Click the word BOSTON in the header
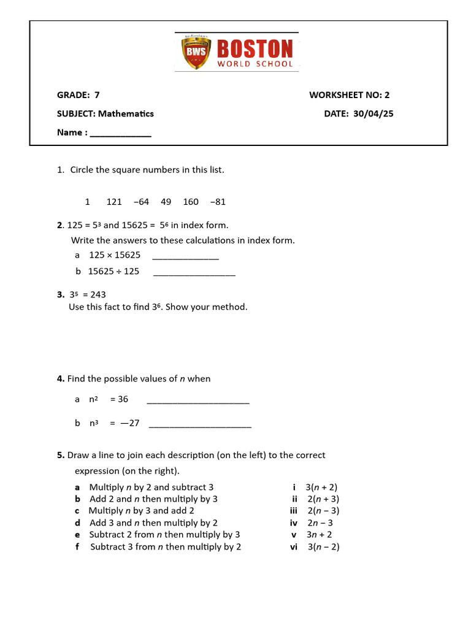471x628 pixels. click(255, 49)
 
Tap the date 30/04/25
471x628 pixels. click(373, 113)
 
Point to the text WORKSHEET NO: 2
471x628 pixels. click(349, 94)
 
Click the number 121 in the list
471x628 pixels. click(114, 202)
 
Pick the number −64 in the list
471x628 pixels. click(141, 202)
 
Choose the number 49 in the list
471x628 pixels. click(166, 202)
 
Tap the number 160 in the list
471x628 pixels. click(191, 202)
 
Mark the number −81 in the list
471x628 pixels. click(218, 202)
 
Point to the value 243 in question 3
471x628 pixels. click(98, 294)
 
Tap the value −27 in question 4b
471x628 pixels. click(130, 423)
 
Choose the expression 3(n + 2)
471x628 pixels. click(322, 488)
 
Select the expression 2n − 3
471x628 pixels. click(320, 523)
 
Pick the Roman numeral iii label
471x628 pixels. click(294, 511)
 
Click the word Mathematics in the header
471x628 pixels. click(126, 113)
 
